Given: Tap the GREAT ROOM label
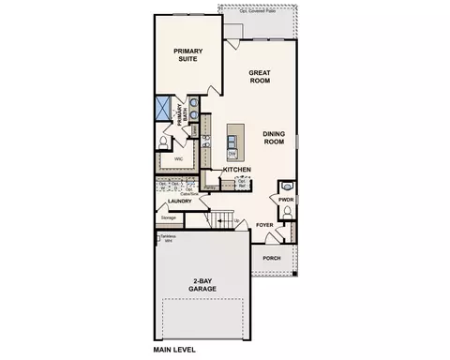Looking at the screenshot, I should click(260, 77).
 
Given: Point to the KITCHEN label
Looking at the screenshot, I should click(236, 170).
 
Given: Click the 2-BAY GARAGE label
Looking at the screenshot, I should click(202, 286).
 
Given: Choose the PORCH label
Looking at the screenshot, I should click(272, 258).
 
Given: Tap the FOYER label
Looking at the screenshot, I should click(266, 225).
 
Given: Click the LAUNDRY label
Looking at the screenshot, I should click(179, 201).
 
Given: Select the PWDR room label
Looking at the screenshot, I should click(287, 198).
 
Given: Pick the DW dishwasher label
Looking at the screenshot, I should click(231, 152).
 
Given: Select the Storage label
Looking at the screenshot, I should click(168, 217).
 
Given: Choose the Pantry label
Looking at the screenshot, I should click(211, 187).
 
